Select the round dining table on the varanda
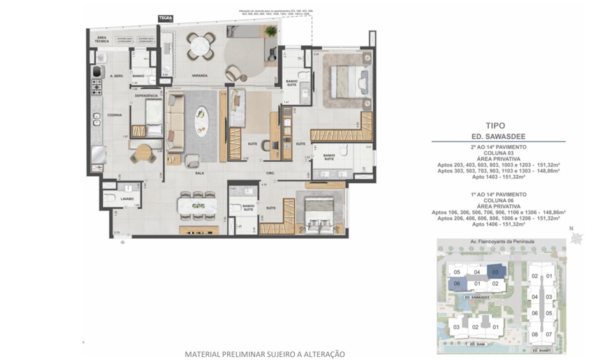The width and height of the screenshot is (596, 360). [x=200, y=45]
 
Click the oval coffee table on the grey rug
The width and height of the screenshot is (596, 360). [x=202, y=121]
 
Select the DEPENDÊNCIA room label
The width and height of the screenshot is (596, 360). [x=145, y=96]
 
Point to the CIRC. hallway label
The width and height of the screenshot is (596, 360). [x=270, y=173]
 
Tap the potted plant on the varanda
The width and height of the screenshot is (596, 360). [x=271, y=31]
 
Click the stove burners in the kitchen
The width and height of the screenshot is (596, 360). [x=97, y=86]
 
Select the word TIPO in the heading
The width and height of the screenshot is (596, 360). [x=496, y=126]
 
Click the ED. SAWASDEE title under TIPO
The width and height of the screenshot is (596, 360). [x=496, y=137]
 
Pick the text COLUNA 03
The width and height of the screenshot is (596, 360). [x=496, y=152]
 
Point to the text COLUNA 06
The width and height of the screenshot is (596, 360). [x=496, y=200]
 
